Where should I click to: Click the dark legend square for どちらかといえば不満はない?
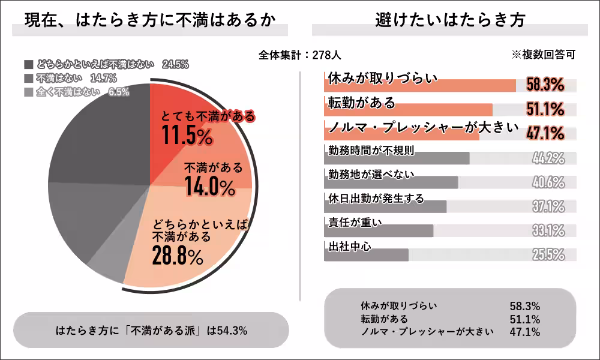29,64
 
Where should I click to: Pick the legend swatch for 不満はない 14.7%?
29,78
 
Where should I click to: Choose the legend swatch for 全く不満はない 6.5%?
29,92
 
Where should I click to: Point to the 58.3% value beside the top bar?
545,85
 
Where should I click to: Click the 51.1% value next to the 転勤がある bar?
545,109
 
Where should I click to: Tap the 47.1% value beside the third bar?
545,133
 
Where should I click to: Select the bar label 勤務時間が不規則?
371,150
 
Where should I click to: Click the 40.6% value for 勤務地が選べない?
548,182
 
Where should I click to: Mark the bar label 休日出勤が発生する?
376,198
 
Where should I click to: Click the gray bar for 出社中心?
366,255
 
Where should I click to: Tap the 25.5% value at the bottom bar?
548,254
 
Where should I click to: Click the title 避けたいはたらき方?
449,19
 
